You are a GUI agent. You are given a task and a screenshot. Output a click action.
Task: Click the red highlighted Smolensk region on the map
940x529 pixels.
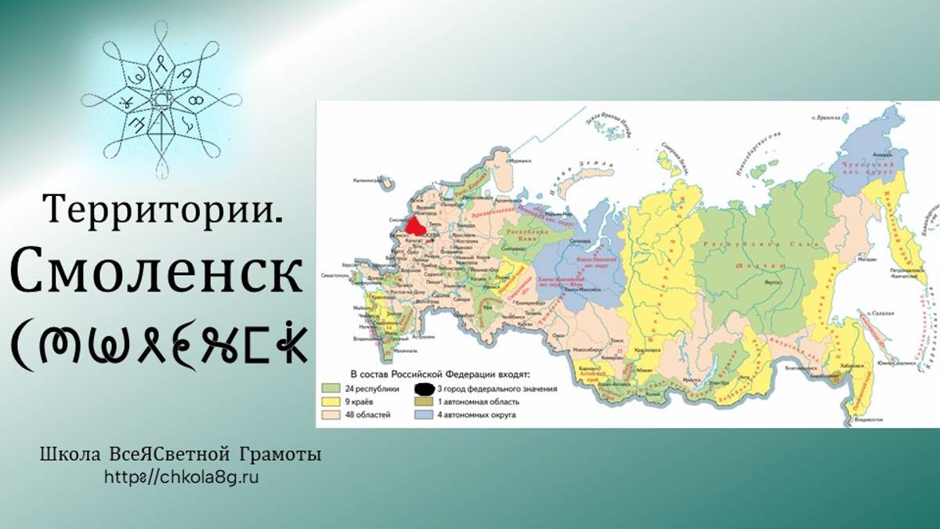click(x=416, y=225)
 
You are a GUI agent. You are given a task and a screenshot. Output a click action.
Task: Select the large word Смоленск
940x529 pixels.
click(x=157, y=271)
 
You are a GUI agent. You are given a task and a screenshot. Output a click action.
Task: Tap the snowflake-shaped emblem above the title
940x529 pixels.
click(x=162, y=100)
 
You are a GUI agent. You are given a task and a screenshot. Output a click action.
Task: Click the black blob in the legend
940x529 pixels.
click(x=425, y=388)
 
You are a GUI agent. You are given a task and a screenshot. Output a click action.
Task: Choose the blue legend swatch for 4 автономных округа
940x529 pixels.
click(x=425, y=414)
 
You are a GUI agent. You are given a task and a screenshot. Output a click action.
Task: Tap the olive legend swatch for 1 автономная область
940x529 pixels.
click(x=425, y=401)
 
